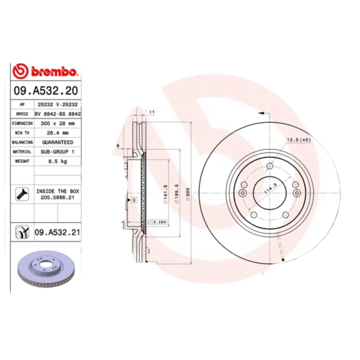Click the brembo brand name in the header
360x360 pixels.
point(54,72)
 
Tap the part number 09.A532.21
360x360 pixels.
point(57,233)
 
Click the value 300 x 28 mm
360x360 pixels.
point(58,123)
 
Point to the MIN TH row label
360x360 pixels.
point(22,133)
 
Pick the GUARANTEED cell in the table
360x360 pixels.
point(58,142)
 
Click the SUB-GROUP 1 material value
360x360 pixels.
point(58,152)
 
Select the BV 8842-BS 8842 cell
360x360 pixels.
point(58,113)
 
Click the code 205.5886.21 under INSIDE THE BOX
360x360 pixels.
point(58,197)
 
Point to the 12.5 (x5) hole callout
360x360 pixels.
point(299,140)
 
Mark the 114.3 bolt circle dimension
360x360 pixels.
point(270,184)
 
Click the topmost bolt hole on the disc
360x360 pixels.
point(269,166)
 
